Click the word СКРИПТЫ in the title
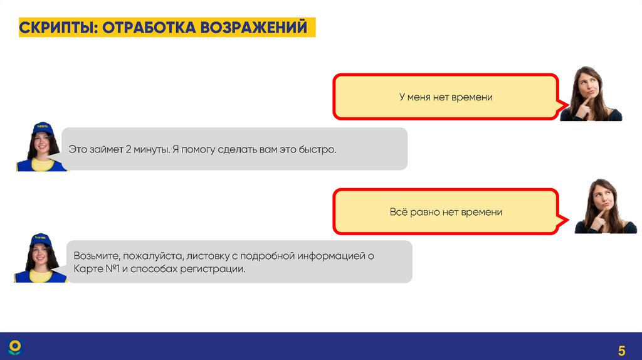pos(55,28)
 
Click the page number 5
pos(622,350)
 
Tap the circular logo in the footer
pos(14,347)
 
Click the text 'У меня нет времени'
pos(446,97)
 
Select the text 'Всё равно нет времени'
pos(446,212)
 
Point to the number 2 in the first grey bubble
pos(127,150)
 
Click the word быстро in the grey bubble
pos(320,150)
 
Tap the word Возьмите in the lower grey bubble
pos(96,256)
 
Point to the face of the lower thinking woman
pos(603,197)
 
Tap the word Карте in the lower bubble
pos(86,268)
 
